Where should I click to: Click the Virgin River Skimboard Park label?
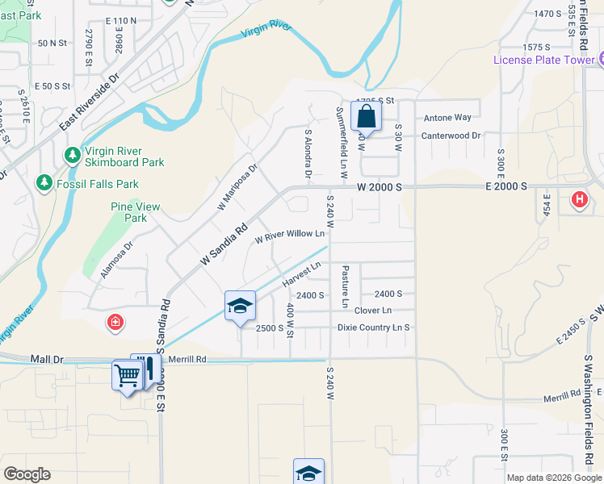coord(124,156)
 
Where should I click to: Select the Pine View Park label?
coord(129,212)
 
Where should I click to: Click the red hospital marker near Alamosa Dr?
coord(116,323)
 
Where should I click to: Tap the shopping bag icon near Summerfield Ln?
coord(366,116)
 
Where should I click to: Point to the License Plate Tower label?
coord(545,60)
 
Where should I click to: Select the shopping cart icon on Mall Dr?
coord(128,374)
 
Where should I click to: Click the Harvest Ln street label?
coord(302,274)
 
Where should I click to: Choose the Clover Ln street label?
coord(372,311)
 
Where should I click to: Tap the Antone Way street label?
coord(447,118)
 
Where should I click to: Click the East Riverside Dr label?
coord(89,102)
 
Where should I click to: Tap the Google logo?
coord(27,474)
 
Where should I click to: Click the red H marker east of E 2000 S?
coord(579,199)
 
